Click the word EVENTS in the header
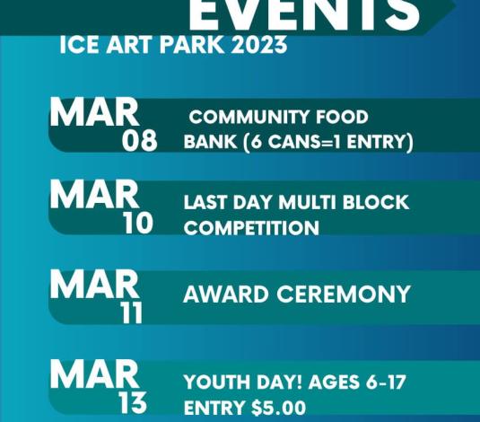click(x=304, y=14)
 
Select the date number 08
click(x=140, y=140)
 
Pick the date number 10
click(x=138, y=223)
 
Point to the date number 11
click(x=132, y=312)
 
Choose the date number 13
click(x=133, y=402)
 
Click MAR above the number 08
click(x=94, y=112)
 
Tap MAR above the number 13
click(x=94, y=374)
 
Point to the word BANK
click(x=210, y=142)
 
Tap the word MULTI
click(x=308, y=202)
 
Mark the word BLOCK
click(x=376, y=202)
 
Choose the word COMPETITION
click(x=251, y=228)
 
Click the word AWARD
click(x=226, y=294)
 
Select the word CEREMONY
click(x=343, y=294)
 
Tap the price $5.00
click(x=278, y=408)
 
